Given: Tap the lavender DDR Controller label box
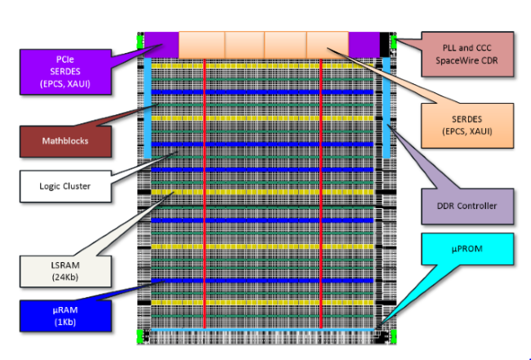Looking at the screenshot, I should [467, 206].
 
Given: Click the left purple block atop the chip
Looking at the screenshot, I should [160, 44].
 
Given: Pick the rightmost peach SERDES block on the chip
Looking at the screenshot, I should [328, 44].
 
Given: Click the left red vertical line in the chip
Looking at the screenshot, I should [203, 196].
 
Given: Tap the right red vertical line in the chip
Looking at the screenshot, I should [321, 196].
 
